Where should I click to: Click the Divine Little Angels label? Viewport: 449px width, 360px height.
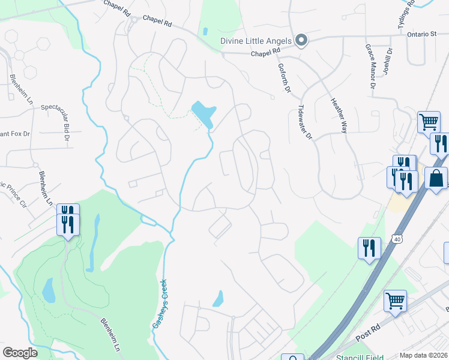[255, 41]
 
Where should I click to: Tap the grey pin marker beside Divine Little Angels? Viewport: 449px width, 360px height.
[301, 41]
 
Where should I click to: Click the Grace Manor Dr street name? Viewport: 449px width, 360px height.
[369, 67]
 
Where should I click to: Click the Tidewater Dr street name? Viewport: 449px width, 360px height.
[306, 123]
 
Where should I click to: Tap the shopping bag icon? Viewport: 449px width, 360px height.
[436, 178]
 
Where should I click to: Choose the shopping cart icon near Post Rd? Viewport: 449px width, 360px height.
[395, 301]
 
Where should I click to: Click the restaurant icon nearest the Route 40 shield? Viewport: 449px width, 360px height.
[369, 248]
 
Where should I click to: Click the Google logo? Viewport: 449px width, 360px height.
[20, 353]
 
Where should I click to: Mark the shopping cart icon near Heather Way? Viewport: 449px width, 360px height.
[429, 122]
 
